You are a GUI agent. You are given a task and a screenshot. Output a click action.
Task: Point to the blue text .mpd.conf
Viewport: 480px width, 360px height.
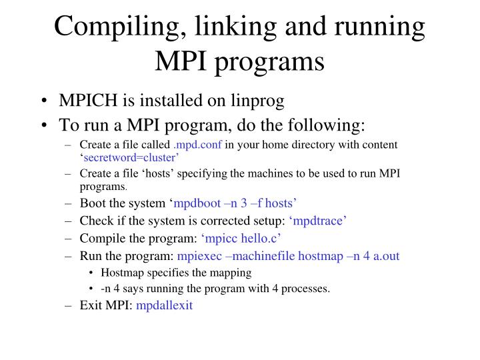pyautogui.click(x=198, y=145)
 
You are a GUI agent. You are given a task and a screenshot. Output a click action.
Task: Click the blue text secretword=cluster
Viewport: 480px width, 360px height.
pyautogui.click(x=130, y=158)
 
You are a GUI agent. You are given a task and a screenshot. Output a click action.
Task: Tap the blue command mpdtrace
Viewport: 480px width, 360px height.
pyautogui.click(x=317, y=221)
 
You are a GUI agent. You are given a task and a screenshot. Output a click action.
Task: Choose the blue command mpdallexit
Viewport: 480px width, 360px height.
pyautogui.click(x=164, y=305)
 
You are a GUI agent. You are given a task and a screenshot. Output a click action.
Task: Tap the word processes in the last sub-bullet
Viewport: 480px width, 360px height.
pyautogui.click(x=306, y=289)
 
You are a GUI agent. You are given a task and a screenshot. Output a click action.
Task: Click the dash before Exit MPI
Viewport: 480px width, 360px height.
pyautogui.click(x=69, y=305)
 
